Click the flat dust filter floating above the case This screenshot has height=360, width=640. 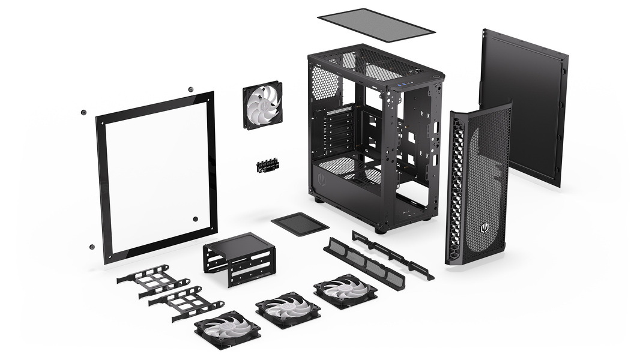pos(376,24)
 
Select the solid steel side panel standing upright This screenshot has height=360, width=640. pos(523,106)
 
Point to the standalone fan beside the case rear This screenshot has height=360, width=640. pos(262,104)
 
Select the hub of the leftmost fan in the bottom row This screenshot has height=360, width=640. pos(228,329)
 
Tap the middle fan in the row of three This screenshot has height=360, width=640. pos(288,310)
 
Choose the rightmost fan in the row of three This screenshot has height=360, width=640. pos(345,291)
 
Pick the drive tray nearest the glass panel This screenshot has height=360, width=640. pos(154,281)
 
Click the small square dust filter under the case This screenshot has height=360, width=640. pos(300,224)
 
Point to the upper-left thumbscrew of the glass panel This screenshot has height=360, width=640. pos(83,112)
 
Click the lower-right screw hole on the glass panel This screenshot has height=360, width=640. pos(196,219)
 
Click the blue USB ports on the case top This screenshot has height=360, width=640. pos(408,83)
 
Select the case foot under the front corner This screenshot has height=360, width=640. pos(381,229)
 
